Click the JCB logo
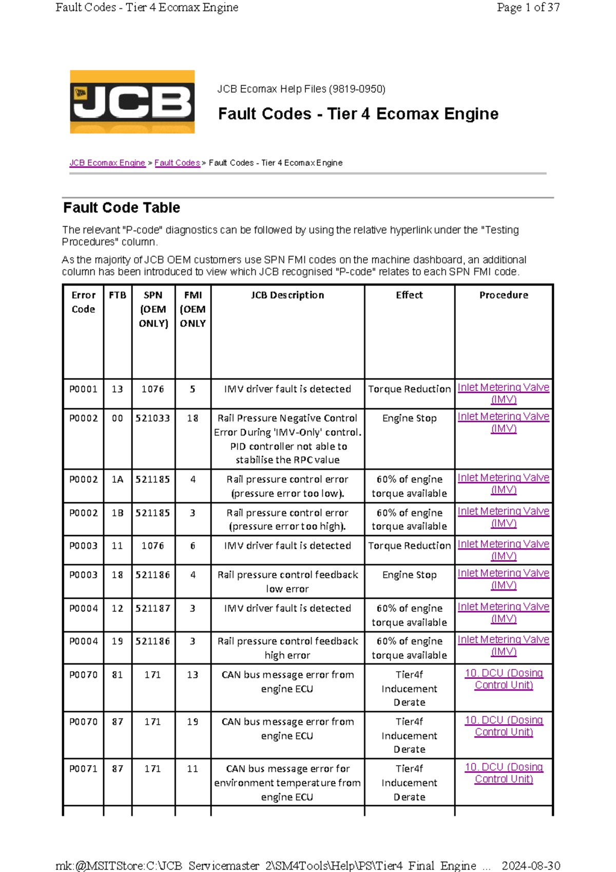pos(132,102)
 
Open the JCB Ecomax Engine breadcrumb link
pos(107,163)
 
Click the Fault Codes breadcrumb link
pos(177,163)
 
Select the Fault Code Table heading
pos(122,207)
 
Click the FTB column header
pos(118,295)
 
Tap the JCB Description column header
pos(287,295)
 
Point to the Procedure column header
pos(504,295)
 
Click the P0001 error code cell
pos(83,389)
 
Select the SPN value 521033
pos(153,419)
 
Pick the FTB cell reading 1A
pos(118,480)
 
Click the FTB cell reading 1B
pos(118,513)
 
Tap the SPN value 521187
pos(153,609)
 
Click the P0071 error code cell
pos(83,769)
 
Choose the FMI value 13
pos(192,675)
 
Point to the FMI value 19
pos(192,722)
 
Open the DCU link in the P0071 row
pos(504,773)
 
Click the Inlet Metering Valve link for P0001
pos(504,393)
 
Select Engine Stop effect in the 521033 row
pos(409,419)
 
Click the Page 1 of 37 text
pos(528,8)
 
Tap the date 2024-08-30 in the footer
pos(530,866)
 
